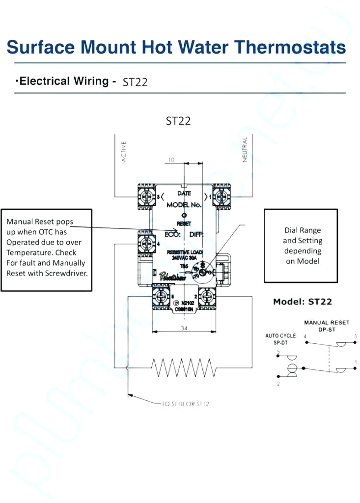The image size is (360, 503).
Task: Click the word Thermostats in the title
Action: tap(289, 48)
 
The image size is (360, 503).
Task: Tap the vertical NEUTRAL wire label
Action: tap(245, 149)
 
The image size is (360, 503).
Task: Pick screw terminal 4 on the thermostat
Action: tap(146, 243)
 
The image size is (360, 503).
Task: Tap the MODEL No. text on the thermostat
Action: tap(184, 205)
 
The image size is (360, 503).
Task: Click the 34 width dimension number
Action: tap(184, 328)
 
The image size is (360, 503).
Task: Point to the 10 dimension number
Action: tap(171, 160)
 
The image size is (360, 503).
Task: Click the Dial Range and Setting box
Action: tap(301, 246)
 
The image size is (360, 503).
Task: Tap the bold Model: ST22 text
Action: tap(303, 302)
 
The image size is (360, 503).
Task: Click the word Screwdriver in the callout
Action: tap(66, 273)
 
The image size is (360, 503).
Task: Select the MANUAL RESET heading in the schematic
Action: tap(327, 323)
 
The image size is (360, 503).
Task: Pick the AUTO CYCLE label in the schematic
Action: tap(280, 336)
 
